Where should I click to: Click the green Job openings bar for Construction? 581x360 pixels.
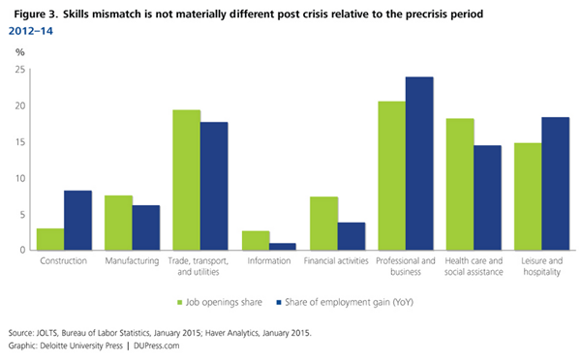(x=51, y=239)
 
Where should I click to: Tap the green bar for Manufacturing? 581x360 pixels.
(x=118, y=223)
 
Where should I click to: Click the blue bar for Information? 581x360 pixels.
(x=282, y=247)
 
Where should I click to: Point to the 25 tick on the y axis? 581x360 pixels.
(x=19, y=71)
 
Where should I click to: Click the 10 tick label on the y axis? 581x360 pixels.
(x=19, y=178)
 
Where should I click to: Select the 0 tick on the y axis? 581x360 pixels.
(x=22, y=251)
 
